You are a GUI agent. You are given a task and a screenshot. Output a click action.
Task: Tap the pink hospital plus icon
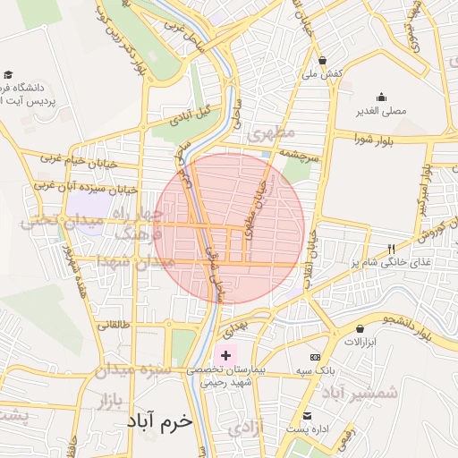(225, 355)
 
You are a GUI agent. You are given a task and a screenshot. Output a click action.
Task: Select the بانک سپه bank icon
(315, 356)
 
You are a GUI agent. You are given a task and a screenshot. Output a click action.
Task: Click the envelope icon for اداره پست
(307, 416)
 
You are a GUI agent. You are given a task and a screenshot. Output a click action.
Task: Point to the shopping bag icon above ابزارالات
(360, 329)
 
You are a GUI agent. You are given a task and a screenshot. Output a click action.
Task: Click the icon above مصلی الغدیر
(382, 98)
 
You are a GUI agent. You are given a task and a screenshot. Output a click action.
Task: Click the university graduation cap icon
(9, 76)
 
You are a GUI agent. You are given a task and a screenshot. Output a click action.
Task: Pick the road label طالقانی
(112, 325)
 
